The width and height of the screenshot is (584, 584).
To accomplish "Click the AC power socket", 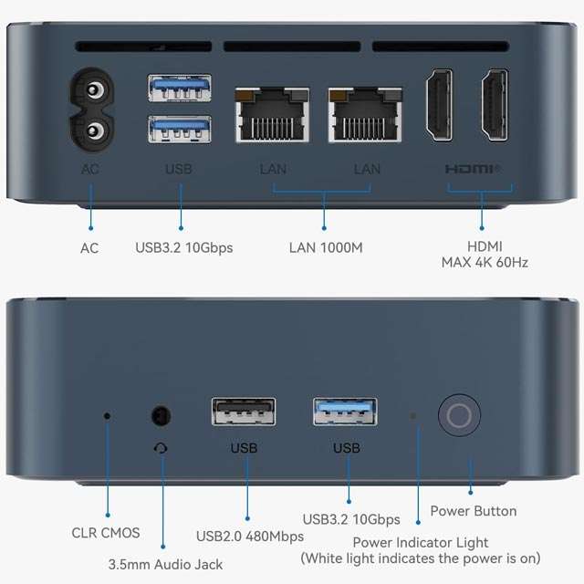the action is tap(91, 109).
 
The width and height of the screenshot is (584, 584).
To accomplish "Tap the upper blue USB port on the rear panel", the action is tap(180, 88).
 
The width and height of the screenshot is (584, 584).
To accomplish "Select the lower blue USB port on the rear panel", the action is tap(180, 130).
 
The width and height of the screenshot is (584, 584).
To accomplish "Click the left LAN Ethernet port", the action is tap(272, 115).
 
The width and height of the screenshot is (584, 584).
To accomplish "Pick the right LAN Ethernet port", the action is tap(365, 115).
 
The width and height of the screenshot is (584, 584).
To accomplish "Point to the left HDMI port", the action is tap(440, 105).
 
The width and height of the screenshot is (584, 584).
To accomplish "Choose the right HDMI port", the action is tap(495, 105).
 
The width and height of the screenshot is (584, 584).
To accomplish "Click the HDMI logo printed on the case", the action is tap(472, 169).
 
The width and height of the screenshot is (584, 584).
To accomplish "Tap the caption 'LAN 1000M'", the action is tap(326, 247).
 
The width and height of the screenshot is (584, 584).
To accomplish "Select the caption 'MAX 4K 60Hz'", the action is tap(485, 263).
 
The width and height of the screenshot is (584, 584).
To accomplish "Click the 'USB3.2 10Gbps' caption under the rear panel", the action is tap(184, 248).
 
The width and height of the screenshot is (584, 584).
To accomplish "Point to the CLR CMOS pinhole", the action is tap(108, 416).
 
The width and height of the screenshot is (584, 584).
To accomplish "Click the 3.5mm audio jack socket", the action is tap(162, 415).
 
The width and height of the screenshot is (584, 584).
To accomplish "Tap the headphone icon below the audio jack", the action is tap(161, 448).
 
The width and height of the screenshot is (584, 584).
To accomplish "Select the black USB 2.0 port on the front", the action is tap(244, 412).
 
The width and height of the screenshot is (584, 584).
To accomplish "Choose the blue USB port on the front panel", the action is tap(345, 412).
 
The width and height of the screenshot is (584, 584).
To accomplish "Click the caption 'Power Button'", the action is tap(474, 511).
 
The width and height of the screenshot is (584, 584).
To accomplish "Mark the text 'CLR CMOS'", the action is tap(106, 533).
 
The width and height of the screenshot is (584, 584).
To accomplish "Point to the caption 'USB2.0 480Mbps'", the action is tap(250, 537).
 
